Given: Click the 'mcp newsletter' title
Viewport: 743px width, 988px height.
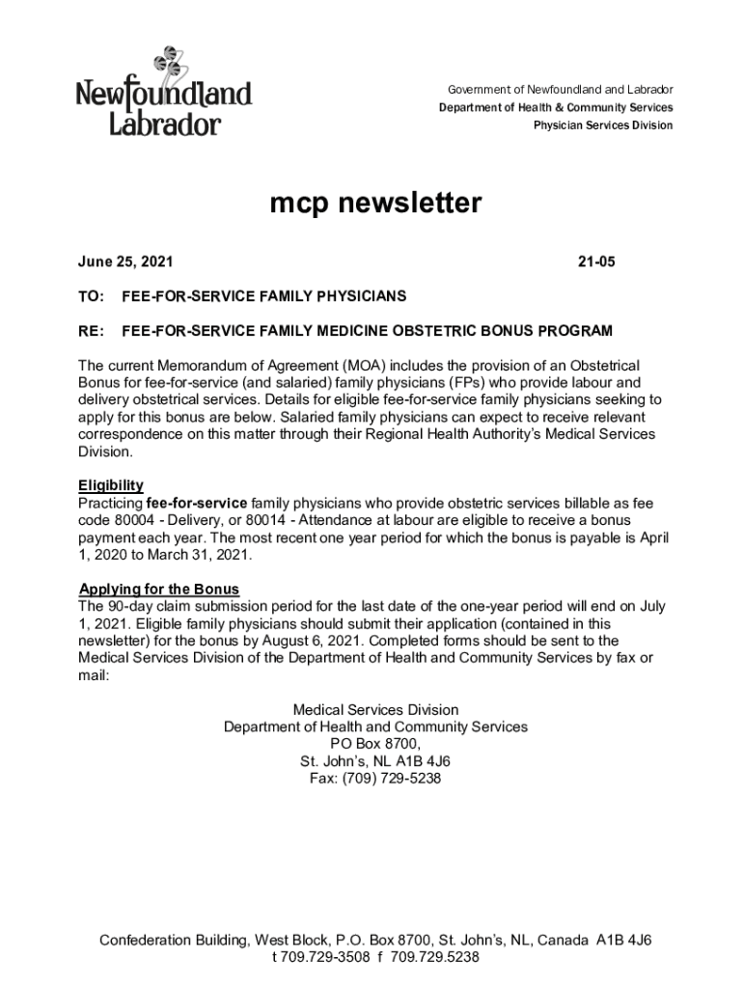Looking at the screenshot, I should [x=374, y=204].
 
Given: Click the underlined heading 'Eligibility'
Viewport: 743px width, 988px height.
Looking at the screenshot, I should [x=111, y=485].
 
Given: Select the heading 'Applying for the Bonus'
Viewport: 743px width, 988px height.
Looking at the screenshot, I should [x=158, y=589].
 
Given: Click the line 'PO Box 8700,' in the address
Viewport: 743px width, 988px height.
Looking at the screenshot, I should [x=374, y=744].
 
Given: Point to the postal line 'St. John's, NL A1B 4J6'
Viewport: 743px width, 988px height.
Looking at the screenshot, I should [x=374, y=761].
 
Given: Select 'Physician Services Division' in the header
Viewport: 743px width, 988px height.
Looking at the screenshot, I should [x=603, y=125].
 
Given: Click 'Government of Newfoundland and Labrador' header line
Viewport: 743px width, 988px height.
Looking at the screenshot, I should [x=560, y=90].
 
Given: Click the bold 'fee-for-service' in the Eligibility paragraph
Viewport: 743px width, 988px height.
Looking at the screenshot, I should [x=196, y=503].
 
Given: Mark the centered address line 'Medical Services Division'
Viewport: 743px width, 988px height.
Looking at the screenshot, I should [x=374, y=709].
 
